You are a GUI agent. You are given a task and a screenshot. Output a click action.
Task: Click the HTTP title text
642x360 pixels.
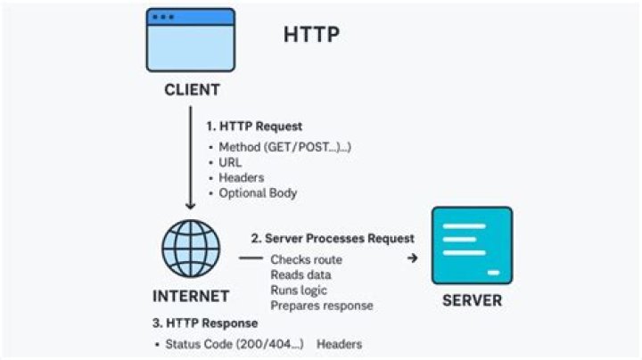coord(311,34)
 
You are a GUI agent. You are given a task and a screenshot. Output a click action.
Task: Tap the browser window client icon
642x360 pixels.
coord(191,40)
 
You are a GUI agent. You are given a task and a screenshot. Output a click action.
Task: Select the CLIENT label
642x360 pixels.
coord(192,90)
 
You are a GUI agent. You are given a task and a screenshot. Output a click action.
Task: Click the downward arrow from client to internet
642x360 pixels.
coord(191,158)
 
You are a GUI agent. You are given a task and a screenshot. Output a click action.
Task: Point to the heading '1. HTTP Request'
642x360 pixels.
coord(254,126)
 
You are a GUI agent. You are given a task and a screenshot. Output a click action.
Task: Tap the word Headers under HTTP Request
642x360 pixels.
coord(241,177)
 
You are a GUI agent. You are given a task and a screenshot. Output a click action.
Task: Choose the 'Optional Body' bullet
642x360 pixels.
coord(258,192)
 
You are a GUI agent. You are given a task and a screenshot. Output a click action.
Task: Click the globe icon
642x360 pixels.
coord(191,249)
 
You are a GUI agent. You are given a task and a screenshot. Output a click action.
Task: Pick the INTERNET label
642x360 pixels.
coord(191,296)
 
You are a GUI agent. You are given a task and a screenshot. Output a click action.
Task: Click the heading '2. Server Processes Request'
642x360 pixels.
coord(333,238)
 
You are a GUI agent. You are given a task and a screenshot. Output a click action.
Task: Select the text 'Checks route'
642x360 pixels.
coord(306,259)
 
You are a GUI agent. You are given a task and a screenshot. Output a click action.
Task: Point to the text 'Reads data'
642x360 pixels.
coord(300,274)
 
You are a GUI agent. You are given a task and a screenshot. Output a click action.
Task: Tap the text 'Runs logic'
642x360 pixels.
coord(299,290)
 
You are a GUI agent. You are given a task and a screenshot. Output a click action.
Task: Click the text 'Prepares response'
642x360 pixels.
coord(322,306)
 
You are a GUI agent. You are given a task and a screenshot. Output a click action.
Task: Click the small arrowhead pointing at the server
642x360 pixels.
coord(413,258)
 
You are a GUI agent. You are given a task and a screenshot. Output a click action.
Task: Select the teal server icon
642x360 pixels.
coord(472,245)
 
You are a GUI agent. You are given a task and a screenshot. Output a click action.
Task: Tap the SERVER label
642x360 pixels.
coord(472,300)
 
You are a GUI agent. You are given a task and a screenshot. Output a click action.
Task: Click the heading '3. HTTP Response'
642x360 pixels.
coord(205,323)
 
